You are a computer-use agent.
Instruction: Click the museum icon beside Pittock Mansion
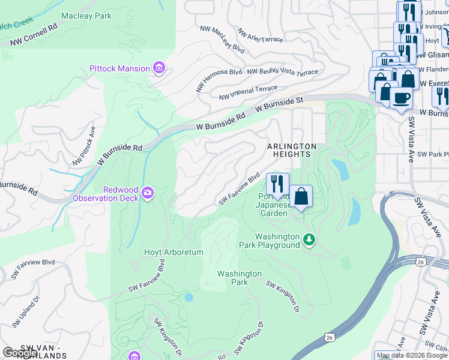coord(159,68)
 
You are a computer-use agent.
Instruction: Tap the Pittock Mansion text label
coord(119,68)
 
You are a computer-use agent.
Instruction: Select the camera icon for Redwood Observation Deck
coord(148,193)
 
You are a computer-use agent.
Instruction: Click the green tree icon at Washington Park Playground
coord(309,240)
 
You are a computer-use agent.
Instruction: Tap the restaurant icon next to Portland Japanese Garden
coord(277,184)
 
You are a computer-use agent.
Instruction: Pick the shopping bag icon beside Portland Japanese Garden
coord(301,196)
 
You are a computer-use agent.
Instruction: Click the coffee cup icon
coord(401,97)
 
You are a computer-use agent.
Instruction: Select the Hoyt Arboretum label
coord(173,253)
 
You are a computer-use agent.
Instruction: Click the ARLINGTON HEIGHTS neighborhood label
coord(291,150)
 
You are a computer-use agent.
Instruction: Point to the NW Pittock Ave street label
coord(85,146)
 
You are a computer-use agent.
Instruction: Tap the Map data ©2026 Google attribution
coord(412,355)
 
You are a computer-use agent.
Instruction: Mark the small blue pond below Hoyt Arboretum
coord(189,297)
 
